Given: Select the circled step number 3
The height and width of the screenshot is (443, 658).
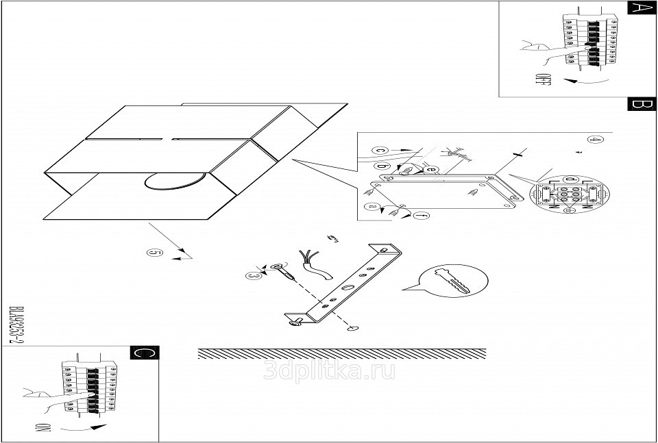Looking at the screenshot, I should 253,275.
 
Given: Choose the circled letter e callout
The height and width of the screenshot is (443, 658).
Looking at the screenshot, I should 430,169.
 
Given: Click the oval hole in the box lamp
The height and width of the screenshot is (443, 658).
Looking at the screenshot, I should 175,180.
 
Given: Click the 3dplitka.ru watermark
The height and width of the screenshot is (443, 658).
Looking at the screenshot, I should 329,370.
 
